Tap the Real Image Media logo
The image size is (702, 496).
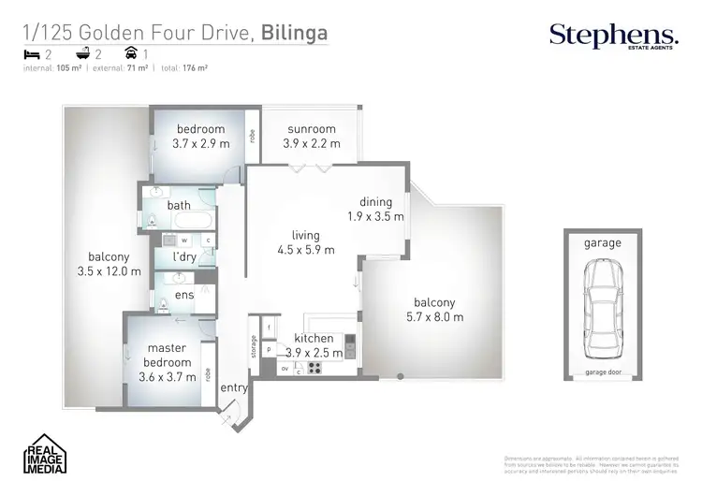click(x=46, y=455)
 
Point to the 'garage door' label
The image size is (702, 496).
click(x=603, y=372)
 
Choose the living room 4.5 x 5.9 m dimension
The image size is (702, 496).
click(x=305, y=250)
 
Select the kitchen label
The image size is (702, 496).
click(x=314, y=337)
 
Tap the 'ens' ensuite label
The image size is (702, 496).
click(x=183, y=296)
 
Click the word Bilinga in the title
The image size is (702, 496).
click(x=294, y=34)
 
